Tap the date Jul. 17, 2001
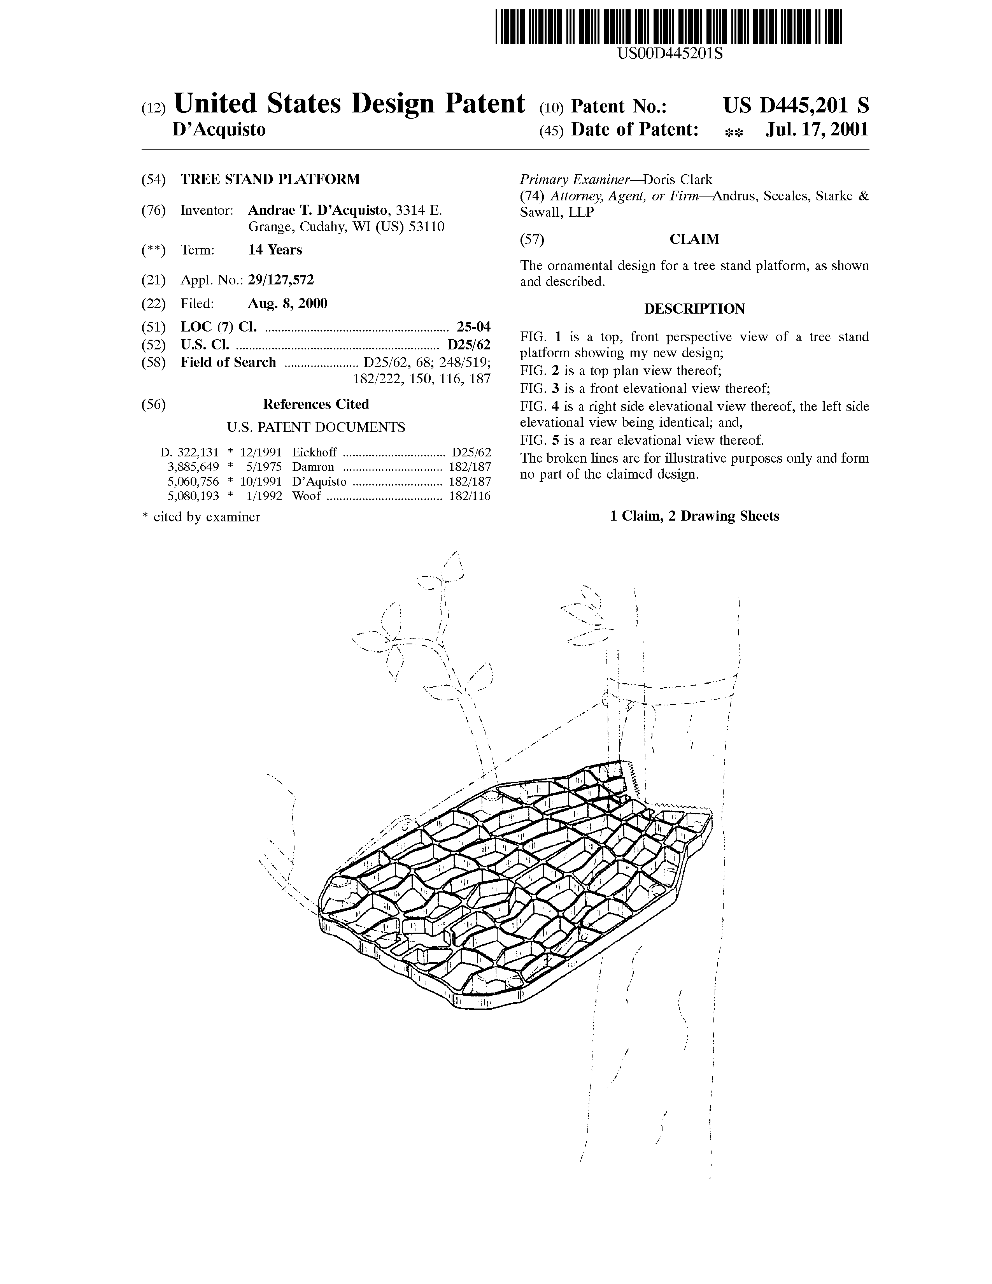tap(817, 129)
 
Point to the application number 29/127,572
tap(281, 281)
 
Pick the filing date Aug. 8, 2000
tap(288, 303)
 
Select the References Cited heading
tap(315, 405)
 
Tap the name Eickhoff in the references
tap(314, 453)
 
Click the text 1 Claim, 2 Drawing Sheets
tap(695, 516)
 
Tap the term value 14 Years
tap(275, 250)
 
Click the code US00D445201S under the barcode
tap(670, 54)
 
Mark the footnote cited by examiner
tap(202, 517)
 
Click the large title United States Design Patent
tap(349, 103)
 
